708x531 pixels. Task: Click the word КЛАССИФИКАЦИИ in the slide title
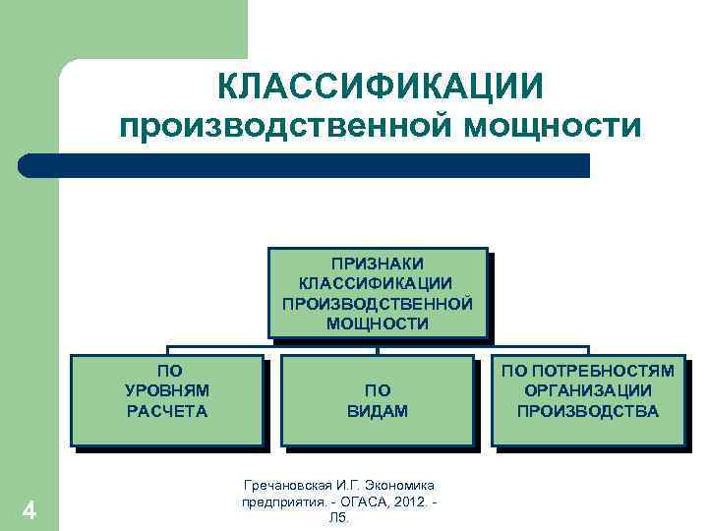[380, 85]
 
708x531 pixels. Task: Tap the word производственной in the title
[280, 127]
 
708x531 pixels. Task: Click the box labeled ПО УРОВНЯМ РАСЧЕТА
[167, 400]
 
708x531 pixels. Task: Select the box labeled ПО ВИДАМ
[378, 400]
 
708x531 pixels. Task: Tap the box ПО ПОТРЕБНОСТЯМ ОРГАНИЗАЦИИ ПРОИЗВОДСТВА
[588, 400]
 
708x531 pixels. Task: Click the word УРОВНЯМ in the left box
[167, 391]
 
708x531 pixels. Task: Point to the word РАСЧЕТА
[167, 411]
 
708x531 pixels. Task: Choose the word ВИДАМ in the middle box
[378, 411]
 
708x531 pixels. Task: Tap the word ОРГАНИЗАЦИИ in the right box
[588, 391]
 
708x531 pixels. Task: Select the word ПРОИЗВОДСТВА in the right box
[588, 411]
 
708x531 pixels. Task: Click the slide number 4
[29, 510]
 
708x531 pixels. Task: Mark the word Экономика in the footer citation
[399, 485]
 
